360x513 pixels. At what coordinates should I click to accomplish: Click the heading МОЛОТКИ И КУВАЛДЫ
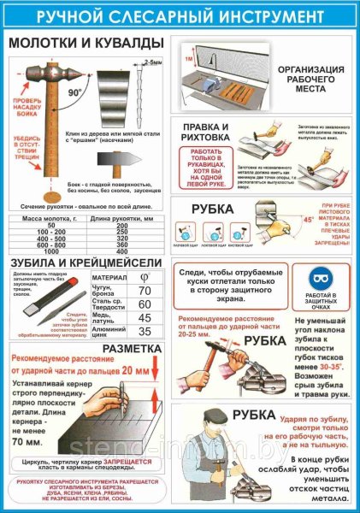pyautogui.click(x=86, y=42)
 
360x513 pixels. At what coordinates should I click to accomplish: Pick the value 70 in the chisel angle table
pyautogui.click(x=145, y=291)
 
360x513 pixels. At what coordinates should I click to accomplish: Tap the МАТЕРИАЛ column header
pyautogui.click(x=111, y=276)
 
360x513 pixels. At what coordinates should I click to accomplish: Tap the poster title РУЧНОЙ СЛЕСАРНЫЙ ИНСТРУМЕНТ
pyautogui.click(x=180, y=15)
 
